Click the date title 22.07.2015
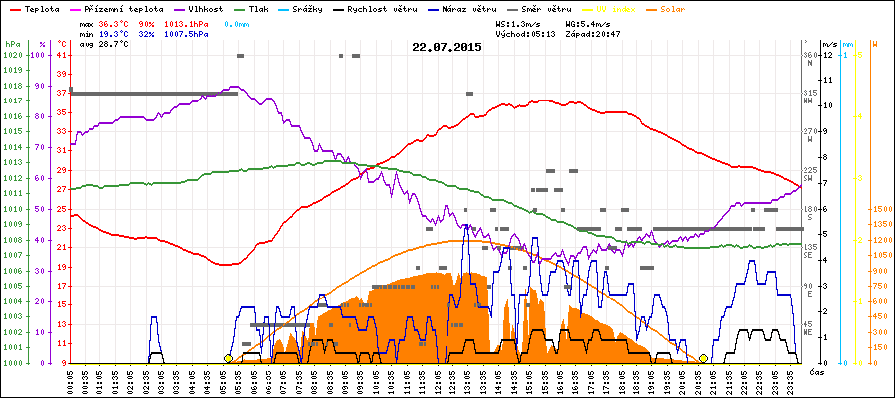447,47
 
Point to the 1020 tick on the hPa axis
12,55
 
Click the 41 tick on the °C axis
61,55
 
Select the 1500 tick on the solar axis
881,209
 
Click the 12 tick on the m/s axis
828,55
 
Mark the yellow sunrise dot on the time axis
228,358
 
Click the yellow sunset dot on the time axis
704,358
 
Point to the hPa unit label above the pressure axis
12,44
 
